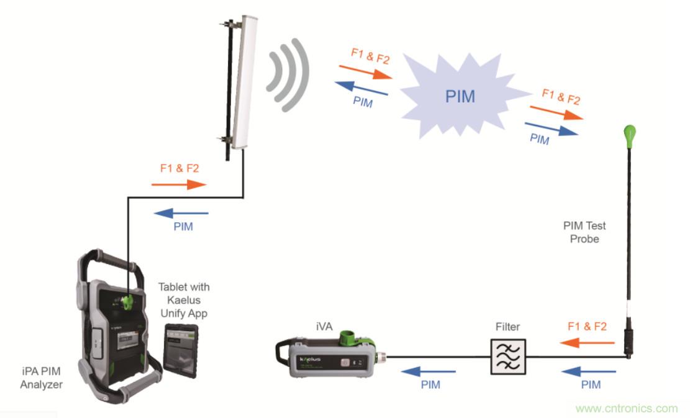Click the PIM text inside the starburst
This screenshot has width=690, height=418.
click(460, 97)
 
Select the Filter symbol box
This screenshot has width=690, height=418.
click(508, 356)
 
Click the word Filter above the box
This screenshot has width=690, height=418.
click(507, 326)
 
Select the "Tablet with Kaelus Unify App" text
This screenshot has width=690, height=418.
click(184, 300)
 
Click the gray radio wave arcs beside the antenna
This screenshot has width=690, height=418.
click(288, 75)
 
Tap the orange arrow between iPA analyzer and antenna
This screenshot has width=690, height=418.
click(179, 184)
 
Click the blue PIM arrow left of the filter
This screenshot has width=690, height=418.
click(429, 371)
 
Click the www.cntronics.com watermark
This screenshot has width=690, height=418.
click(626, 408)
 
